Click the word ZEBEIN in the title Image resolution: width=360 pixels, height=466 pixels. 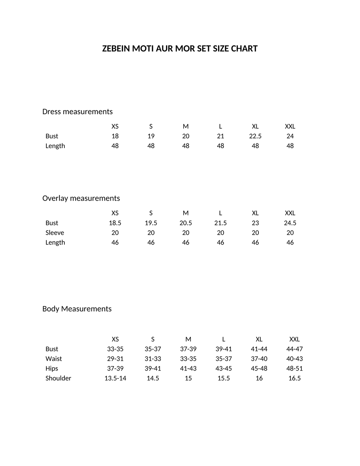pyautogui.click(x=116, y=49)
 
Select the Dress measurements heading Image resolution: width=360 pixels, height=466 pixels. pyautogui.click(x=77, y=112)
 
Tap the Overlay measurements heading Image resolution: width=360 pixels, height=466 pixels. pyautogui.click(x=81, y=198)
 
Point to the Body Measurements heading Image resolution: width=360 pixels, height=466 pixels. pyautogui.click(x=77, y=309)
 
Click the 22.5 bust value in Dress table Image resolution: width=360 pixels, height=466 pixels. pyautogui.click(x=255, y=136)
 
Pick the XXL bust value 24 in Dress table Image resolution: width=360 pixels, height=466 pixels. pyautogui.click(x=290, y=136)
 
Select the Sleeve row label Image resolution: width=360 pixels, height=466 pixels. pyautogui.click(x=55, y=233)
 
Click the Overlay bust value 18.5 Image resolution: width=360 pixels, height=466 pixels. pyautogui.click(x=115, y=223)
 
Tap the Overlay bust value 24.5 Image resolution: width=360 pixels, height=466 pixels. pyautogui.click(x=290, y=223)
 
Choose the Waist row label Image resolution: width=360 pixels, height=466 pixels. pyautogui.click(x=54, y=359)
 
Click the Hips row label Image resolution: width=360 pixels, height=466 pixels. pyautogui.click(x=52, y=368)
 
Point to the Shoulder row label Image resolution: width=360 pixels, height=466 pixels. pyautogui.click(x=58, y=378)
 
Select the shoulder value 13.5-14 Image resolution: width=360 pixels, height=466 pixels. pyautogui.click(x=115, y=378)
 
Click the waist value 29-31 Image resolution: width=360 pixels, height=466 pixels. pyautogui.click(x=115, y=359)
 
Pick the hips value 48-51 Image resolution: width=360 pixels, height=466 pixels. pyautogui.click(x=294, y=368)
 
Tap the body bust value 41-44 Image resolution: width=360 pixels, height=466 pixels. pyautogui.click(x=259, y=349)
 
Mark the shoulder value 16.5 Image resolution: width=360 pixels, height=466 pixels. pyautogui.click(x=294, y=378)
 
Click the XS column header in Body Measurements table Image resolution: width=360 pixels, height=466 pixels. pyautogui.click(x=115, y=339)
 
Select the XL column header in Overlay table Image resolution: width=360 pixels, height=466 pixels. pyautogui.click(x=255, y=213)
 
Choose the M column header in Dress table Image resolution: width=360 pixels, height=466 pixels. pyautogui.click(x=186, y=126)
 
